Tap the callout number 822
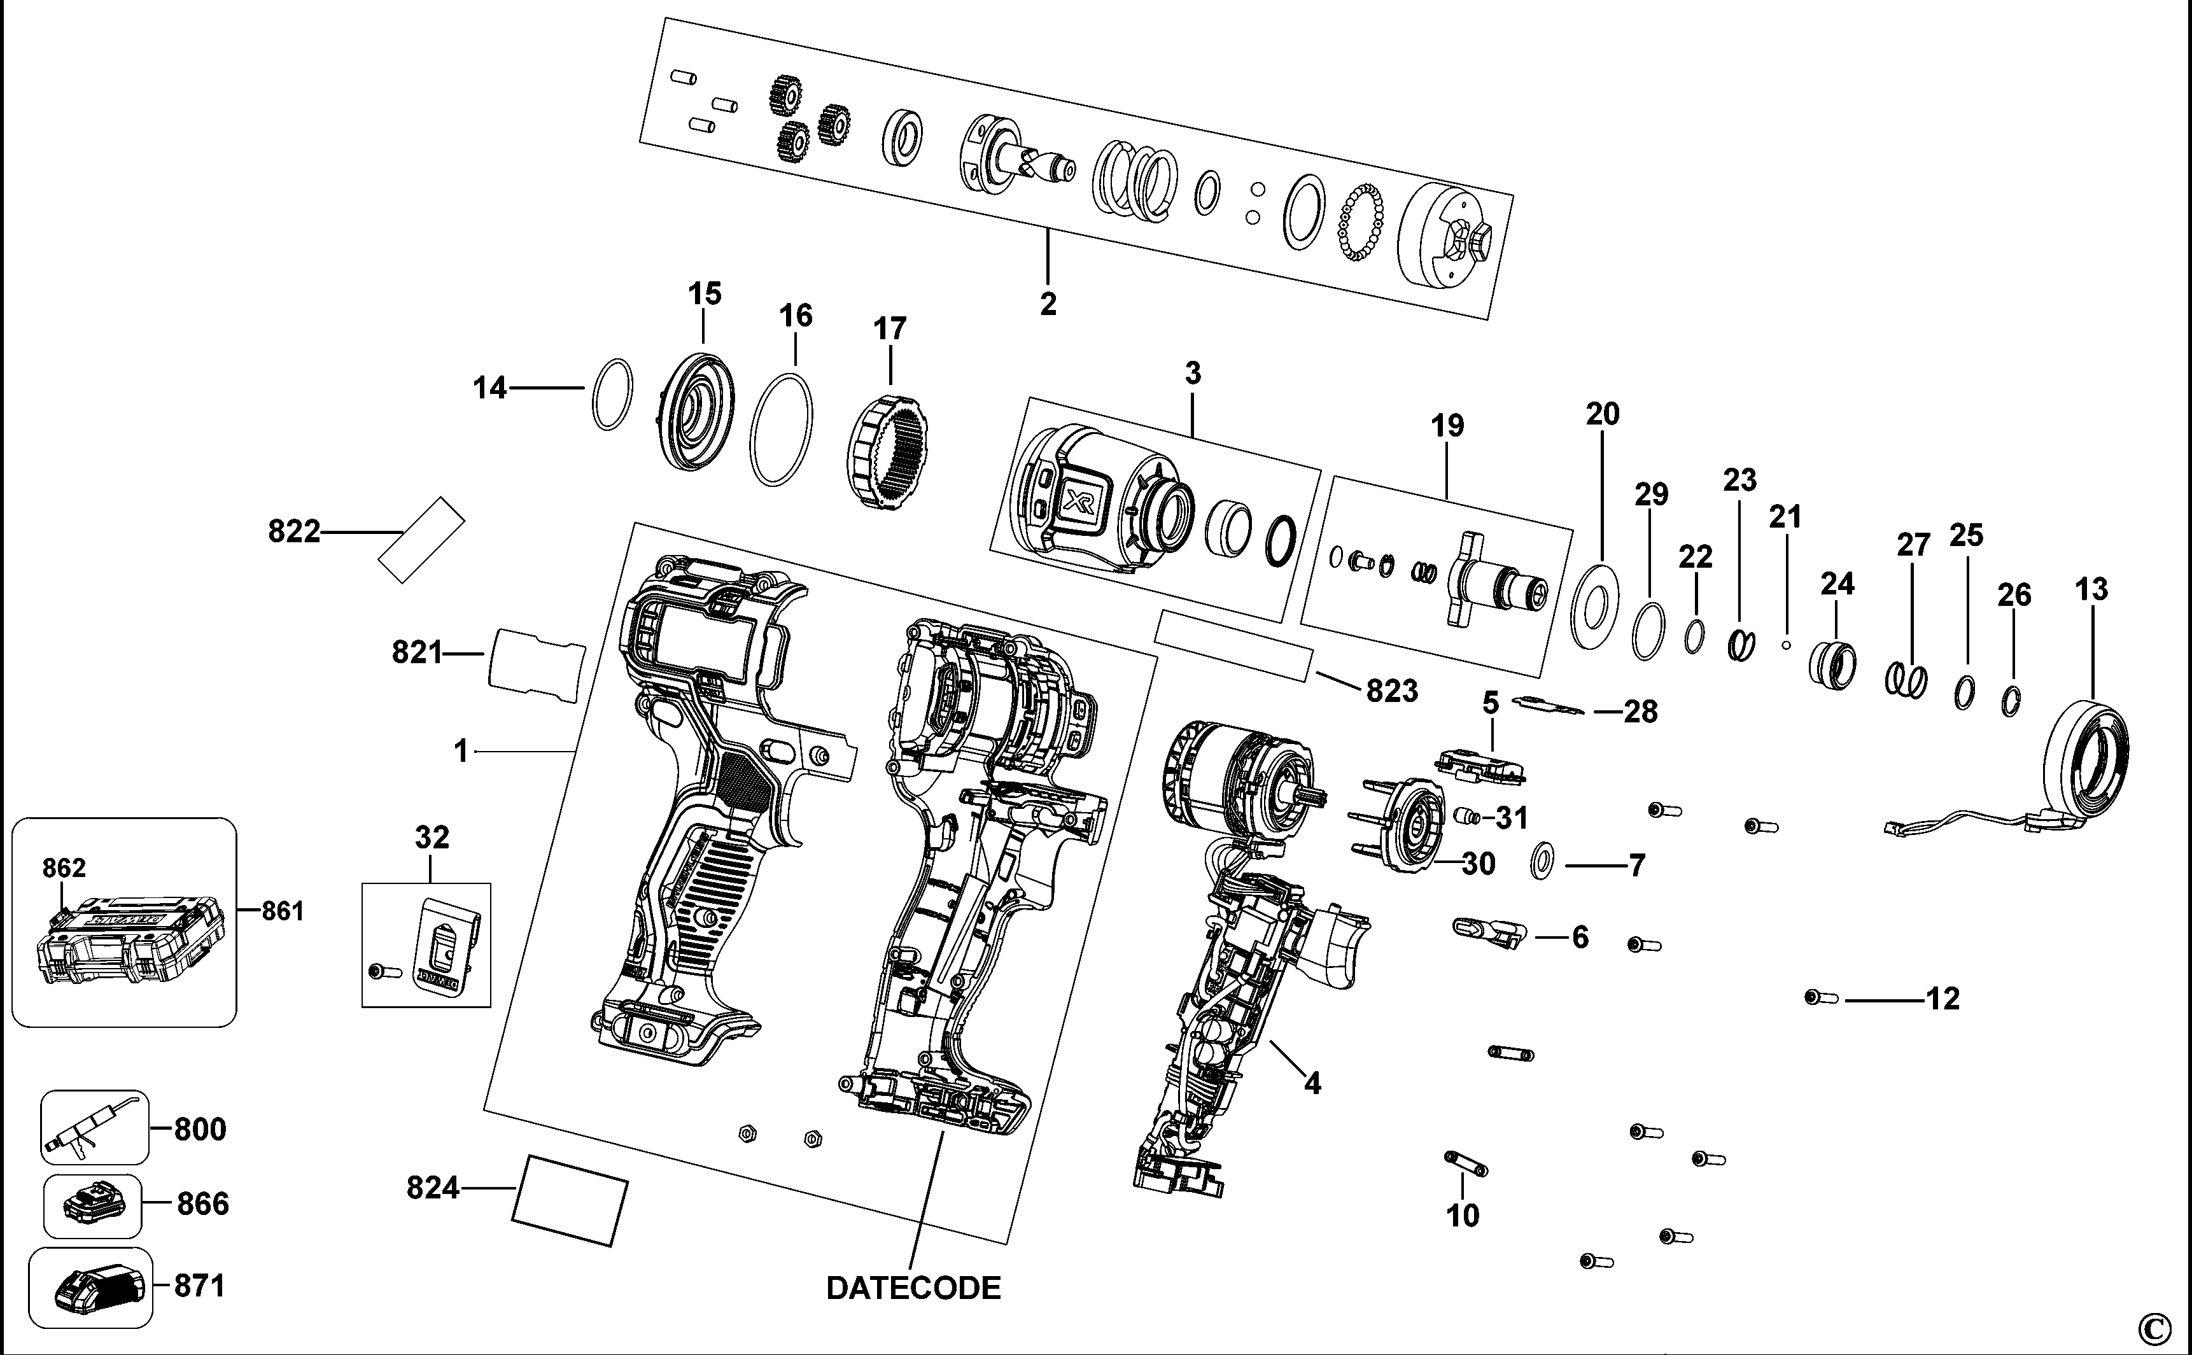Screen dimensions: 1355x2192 pyautogui.click(x=294, y=532)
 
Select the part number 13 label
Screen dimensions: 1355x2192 pyautogui.click(x=2091, y=590)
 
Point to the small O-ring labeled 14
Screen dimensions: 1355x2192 pyautogui.click(x=613, y=395)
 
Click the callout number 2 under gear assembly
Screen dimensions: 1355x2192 pyautogui.click(x=1048, y=304)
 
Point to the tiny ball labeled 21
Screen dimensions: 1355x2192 pyautogui.click(x=1785, y=643)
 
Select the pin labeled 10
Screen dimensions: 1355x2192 pyautogui.click(x=1466, y=1164)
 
